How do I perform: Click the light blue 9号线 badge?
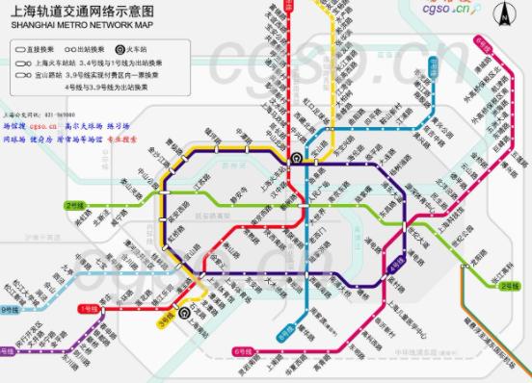click(x=11, y=310)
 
